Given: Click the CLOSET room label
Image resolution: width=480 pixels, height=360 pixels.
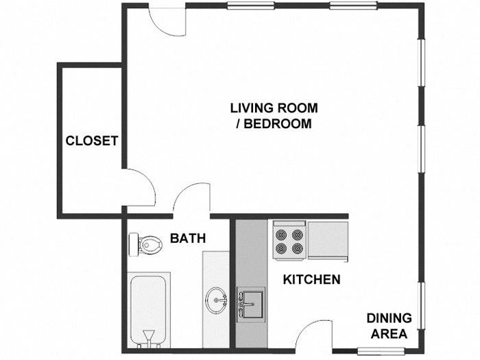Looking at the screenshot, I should point(92,141).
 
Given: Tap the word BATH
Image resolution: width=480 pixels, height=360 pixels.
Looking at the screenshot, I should point(187,239).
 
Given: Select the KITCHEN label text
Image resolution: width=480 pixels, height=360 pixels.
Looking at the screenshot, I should point(312,280).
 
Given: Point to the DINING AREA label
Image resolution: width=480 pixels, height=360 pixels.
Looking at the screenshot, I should point(389,326).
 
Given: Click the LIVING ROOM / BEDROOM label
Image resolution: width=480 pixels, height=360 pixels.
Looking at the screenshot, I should point(274,116).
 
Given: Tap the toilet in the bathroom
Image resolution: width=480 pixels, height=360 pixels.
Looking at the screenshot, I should point(145,243).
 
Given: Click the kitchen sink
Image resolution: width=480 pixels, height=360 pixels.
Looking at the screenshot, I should point(252,302).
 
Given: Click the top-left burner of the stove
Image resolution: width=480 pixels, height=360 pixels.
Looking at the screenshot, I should point(281,234).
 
